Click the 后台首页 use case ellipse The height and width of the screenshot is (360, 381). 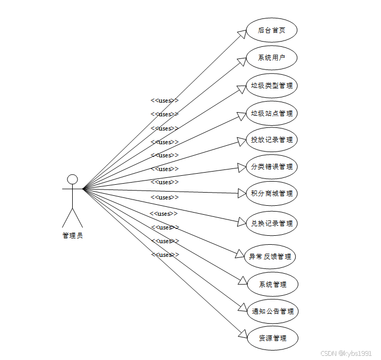coord(272,30)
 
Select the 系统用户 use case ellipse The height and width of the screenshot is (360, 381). coord(272,57)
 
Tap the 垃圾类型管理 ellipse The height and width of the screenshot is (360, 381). coord(272,85)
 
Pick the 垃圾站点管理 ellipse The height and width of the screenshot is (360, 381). coord(272,113)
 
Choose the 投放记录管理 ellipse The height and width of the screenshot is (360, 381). coord(272,140)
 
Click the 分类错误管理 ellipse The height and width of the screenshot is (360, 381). coord(272,167)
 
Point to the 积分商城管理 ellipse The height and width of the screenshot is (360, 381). coord(272,193)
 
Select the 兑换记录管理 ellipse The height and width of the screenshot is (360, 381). coord(272,223)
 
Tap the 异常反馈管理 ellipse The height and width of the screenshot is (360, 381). coord(270,257)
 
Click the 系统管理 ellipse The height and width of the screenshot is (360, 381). coord(273,285)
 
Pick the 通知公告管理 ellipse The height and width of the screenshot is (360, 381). coord(273,311)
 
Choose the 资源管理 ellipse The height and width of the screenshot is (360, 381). coord(273,338)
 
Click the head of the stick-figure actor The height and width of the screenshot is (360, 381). coord(73,179)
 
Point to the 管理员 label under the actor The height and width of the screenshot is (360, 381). coord(73,236)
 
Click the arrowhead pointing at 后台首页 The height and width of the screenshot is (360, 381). coord(242,34)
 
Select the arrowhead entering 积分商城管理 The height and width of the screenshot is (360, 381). coord(242,193)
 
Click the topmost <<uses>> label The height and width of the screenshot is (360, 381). coord(164,101)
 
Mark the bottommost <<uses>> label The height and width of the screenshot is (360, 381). coord(165,255)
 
